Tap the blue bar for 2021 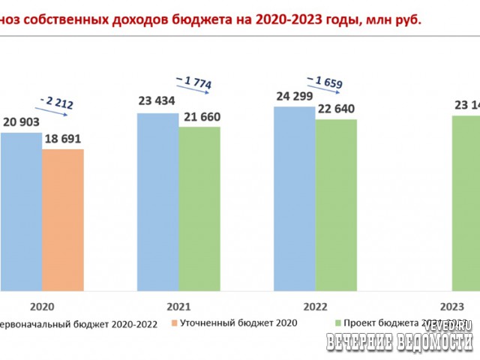tap(157, 202)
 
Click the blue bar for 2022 tap(295, 199)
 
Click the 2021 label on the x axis tap(178, 306)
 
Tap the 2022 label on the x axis tap(316, 306)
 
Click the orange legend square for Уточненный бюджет tap(172, 323)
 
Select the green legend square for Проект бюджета tap(337, 323)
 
